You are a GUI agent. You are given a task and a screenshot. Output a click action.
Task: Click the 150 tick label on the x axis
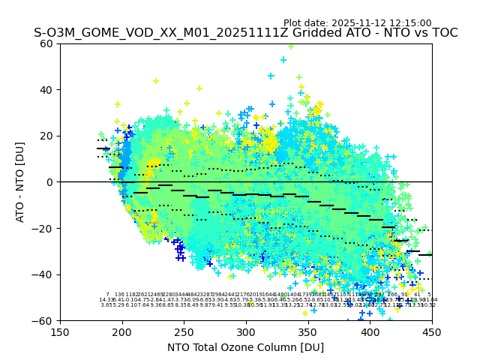click(x=60, y=333)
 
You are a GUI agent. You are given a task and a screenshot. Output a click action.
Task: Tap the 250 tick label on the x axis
click(x=184, y=333)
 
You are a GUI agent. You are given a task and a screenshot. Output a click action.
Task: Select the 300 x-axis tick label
click(x=246, y=333)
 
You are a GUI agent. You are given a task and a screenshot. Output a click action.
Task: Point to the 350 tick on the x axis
click(x=307, y=333)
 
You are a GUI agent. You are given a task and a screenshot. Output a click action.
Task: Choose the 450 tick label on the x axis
click(x=431, y=333)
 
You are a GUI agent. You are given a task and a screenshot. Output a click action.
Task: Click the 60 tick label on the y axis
click(x=47, y=43)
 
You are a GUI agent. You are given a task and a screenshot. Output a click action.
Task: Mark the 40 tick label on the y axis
click(x=47, y=90)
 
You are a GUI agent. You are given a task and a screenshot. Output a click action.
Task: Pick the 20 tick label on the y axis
click(x=47, y=136)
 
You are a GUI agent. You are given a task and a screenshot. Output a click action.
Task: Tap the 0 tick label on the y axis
click(x=50, y=182)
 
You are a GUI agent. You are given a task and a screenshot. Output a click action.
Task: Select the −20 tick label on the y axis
click(x=44, y=228)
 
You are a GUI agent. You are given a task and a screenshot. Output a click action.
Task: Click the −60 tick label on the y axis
click(x=44, y=320)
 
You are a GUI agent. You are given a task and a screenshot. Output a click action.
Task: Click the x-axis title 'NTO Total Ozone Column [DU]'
click(x=246, y=347)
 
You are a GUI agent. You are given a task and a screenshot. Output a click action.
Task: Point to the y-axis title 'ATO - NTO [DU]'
click(x=20, y=182)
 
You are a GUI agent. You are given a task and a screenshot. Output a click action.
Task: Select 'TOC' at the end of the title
click(x=443, y=33)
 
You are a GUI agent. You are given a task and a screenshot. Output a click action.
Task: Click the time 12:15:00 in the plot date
click(x=408, y=23)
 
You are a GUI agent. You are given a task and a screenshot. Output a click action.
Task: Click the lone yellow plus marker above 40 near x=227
click(x=156, y=81)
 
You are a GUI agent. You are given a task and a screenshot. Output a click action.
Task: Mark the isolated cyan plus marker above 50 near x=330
click(x=283, y=59)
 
